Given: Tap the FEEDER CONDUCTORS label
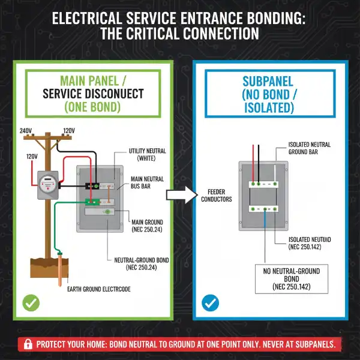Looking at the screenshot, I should pyautogui.click(x=216, y=195).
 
